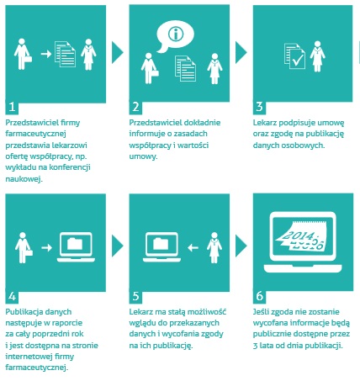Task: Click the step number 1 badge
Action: [12, 107]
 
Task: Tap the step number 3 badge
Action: [259, 107]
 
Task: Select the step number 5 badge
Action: [135, 296]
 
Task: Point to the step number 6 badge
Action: [259, 296]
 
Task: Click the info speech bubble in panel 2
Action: [175, 36]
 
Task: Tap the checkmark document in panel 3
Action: [294, 56]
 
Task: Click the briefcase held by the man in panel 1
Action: [29, 59]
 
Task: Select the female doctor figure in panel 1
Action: [88, 55]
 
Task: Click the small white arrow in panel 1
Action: [46, 54]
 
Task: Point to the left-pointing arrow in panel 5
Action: [193, 247]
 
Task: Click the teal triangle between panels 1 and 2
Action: [118, 52]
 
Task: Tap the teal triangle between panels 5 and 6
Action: [241, 246]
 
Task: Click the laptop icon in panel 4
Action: [76, 247]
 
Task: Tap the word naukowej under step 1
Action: [24, 179]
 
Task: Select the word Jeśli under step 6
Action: [261, 312]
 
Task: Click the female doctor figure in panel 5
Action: [214, 248]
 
